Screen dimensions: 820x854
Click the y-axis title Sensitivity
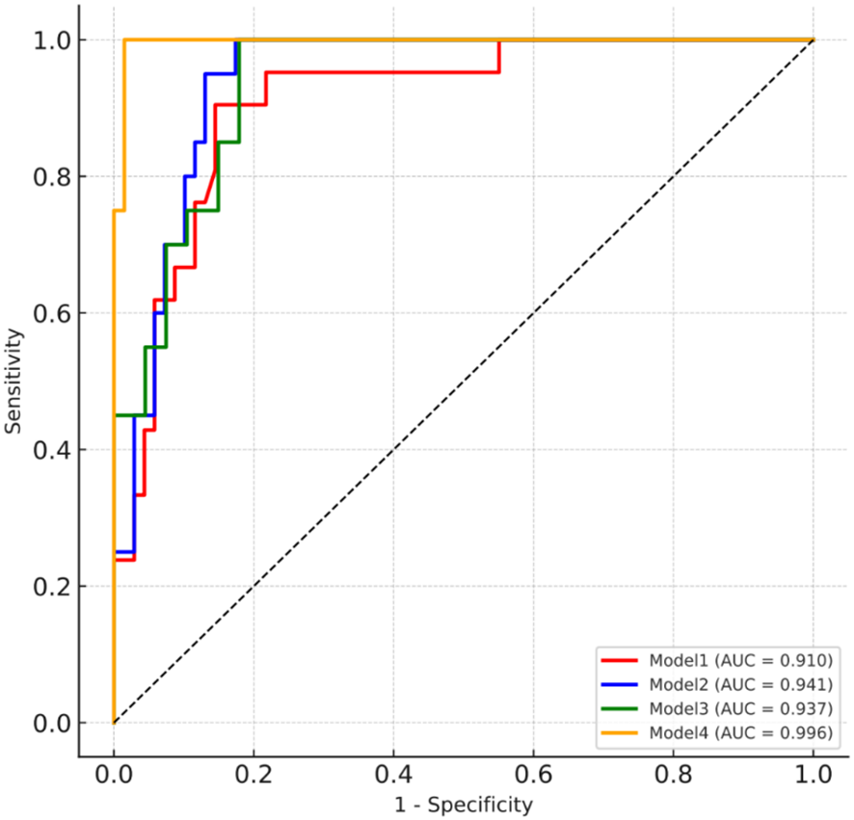pyautogui.click(x=13, y=380)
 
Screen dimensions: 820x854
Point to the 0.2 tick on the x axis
pyautogui.click(x=254, y=774)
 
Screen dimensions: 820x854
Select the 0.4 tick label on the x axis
pyautogui.click(x=393, y=774)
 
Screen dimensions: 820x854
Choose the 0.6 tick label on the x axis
pyautogui.click(x=533, y=774)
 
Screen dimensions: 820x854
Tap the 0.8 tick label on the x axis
pyautogui.click(x=674, y=774)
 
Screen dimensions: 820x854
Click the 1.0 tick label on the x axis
pyautogui.click(x=814, y=774)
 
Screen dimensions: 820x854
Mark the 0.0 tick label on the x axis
pyautogui.click(x=114, y=774)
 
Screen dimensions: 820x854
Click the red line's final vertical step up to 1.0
pyautogui.click(x=498, y=56)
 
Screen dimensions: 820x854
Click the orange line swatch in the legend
pyautogui.click(x=620, y=733)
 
